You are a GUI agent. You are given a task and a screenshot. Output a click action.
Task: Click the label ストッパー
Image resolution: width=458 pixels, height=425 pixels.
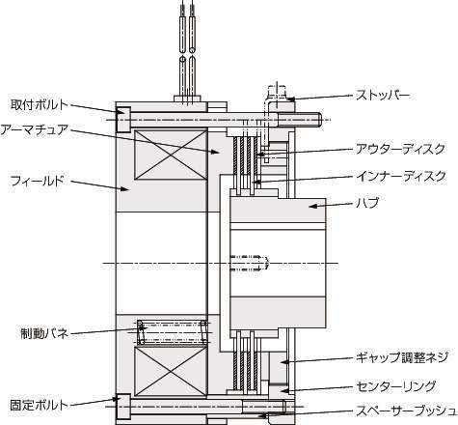383,96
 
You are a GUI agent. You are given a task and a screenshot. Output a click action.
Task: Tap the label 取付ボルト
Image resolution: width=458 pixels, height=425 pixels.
40,104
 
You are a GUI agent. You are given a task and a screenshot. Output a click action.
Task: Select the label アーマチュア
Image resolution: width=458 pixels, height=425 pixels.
35,129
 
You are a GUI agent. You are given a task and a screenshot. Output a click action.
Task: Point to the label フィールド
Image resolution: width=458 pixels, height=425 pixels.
38,181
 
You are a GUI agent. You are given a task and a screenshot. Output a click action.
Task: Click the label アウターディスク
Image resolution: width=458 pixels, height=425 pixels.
401,149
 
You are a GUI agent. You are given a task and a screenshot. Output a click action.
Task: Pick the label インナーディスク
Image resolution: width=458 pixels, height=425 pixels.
401,176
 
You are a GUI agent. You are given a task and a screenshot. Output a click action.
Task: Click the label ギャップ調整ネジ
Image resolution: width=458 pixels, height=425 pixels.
402,357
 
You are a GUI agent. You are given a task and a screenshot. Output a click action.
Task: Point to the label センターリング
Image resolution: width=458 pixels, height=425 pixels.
396,385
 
